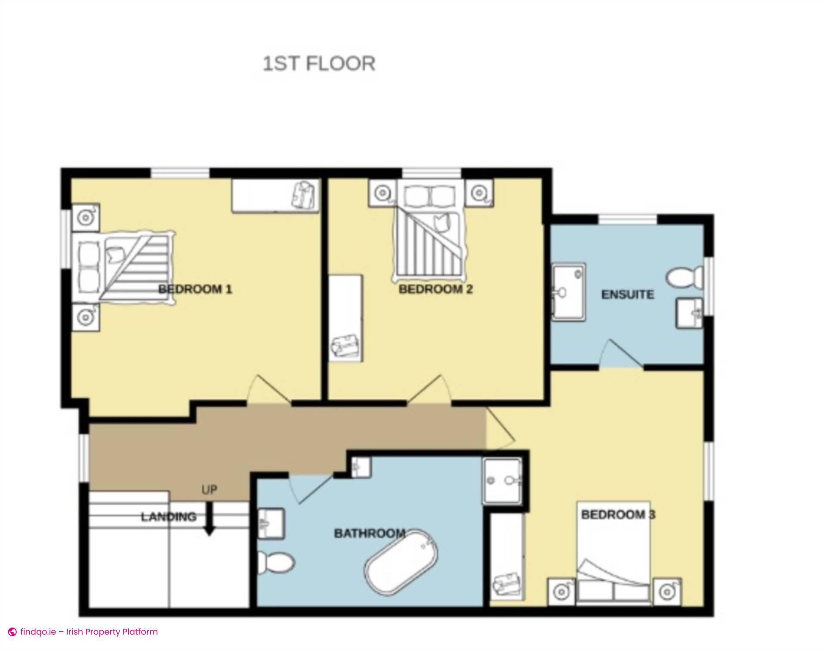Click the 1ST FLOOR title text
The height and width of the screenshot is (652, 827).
tap(319, 64)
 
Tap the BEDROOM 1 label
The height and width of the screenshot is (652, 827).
tap(195, 289)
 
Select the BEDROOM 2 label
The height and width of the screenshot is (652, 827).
tap(435, 289)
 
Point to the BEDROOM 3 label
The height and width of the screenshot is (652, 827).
tap(618, 514)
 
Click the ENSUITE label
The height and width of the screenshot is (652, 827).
tap(627, 294)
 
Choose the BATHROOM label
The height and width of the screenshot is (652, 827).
tap(370, 533)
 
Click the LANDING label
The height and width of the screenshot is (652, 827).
tap(168, 516)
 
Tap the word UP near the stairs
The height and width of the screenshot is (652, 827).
tap(209, 490)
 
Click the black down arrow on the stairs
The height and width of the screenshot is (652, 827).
tap(209, 521)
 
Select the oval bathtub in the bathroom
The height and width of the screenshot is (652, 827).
tap(401, 563)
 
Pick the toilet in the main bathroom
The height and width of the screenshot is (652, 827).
tap(276, 563)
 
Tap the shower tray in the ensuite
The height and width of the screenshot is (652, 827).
tap(569, 292)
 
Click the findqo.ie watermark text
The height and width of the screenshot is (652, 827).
tap(88, 632)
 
